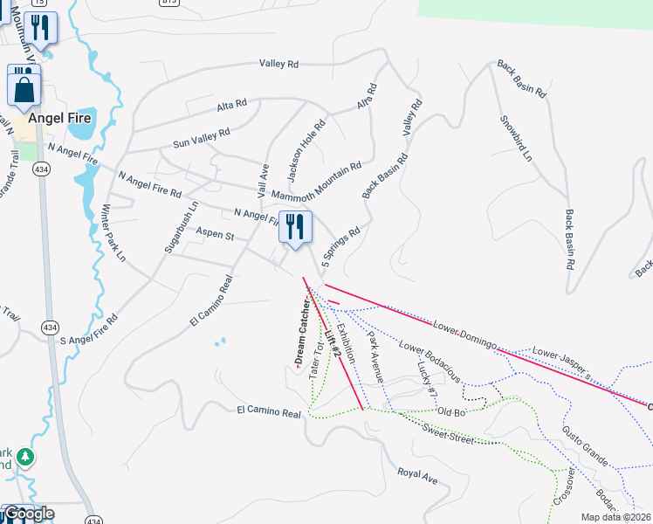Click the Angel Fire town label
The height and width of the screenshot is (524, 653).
59,118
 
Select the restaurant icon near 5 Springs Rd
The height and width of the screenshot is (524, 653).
295,228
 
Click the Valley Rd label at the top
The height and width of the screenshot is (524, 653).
278,64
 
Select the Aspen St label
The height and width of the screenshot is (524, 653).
216,236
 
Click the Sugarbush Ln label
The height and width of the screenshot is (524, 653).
182,227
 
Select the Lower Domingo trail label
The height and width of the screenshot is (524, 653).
464,334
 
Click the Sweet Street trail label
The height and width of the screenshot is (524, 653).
446,434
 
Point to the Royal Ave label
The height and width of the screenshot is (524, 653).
416,477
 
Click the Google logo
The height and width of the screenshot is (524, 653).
29,514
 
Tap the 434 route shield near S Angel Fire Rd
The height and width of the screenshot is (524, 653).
48,327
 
